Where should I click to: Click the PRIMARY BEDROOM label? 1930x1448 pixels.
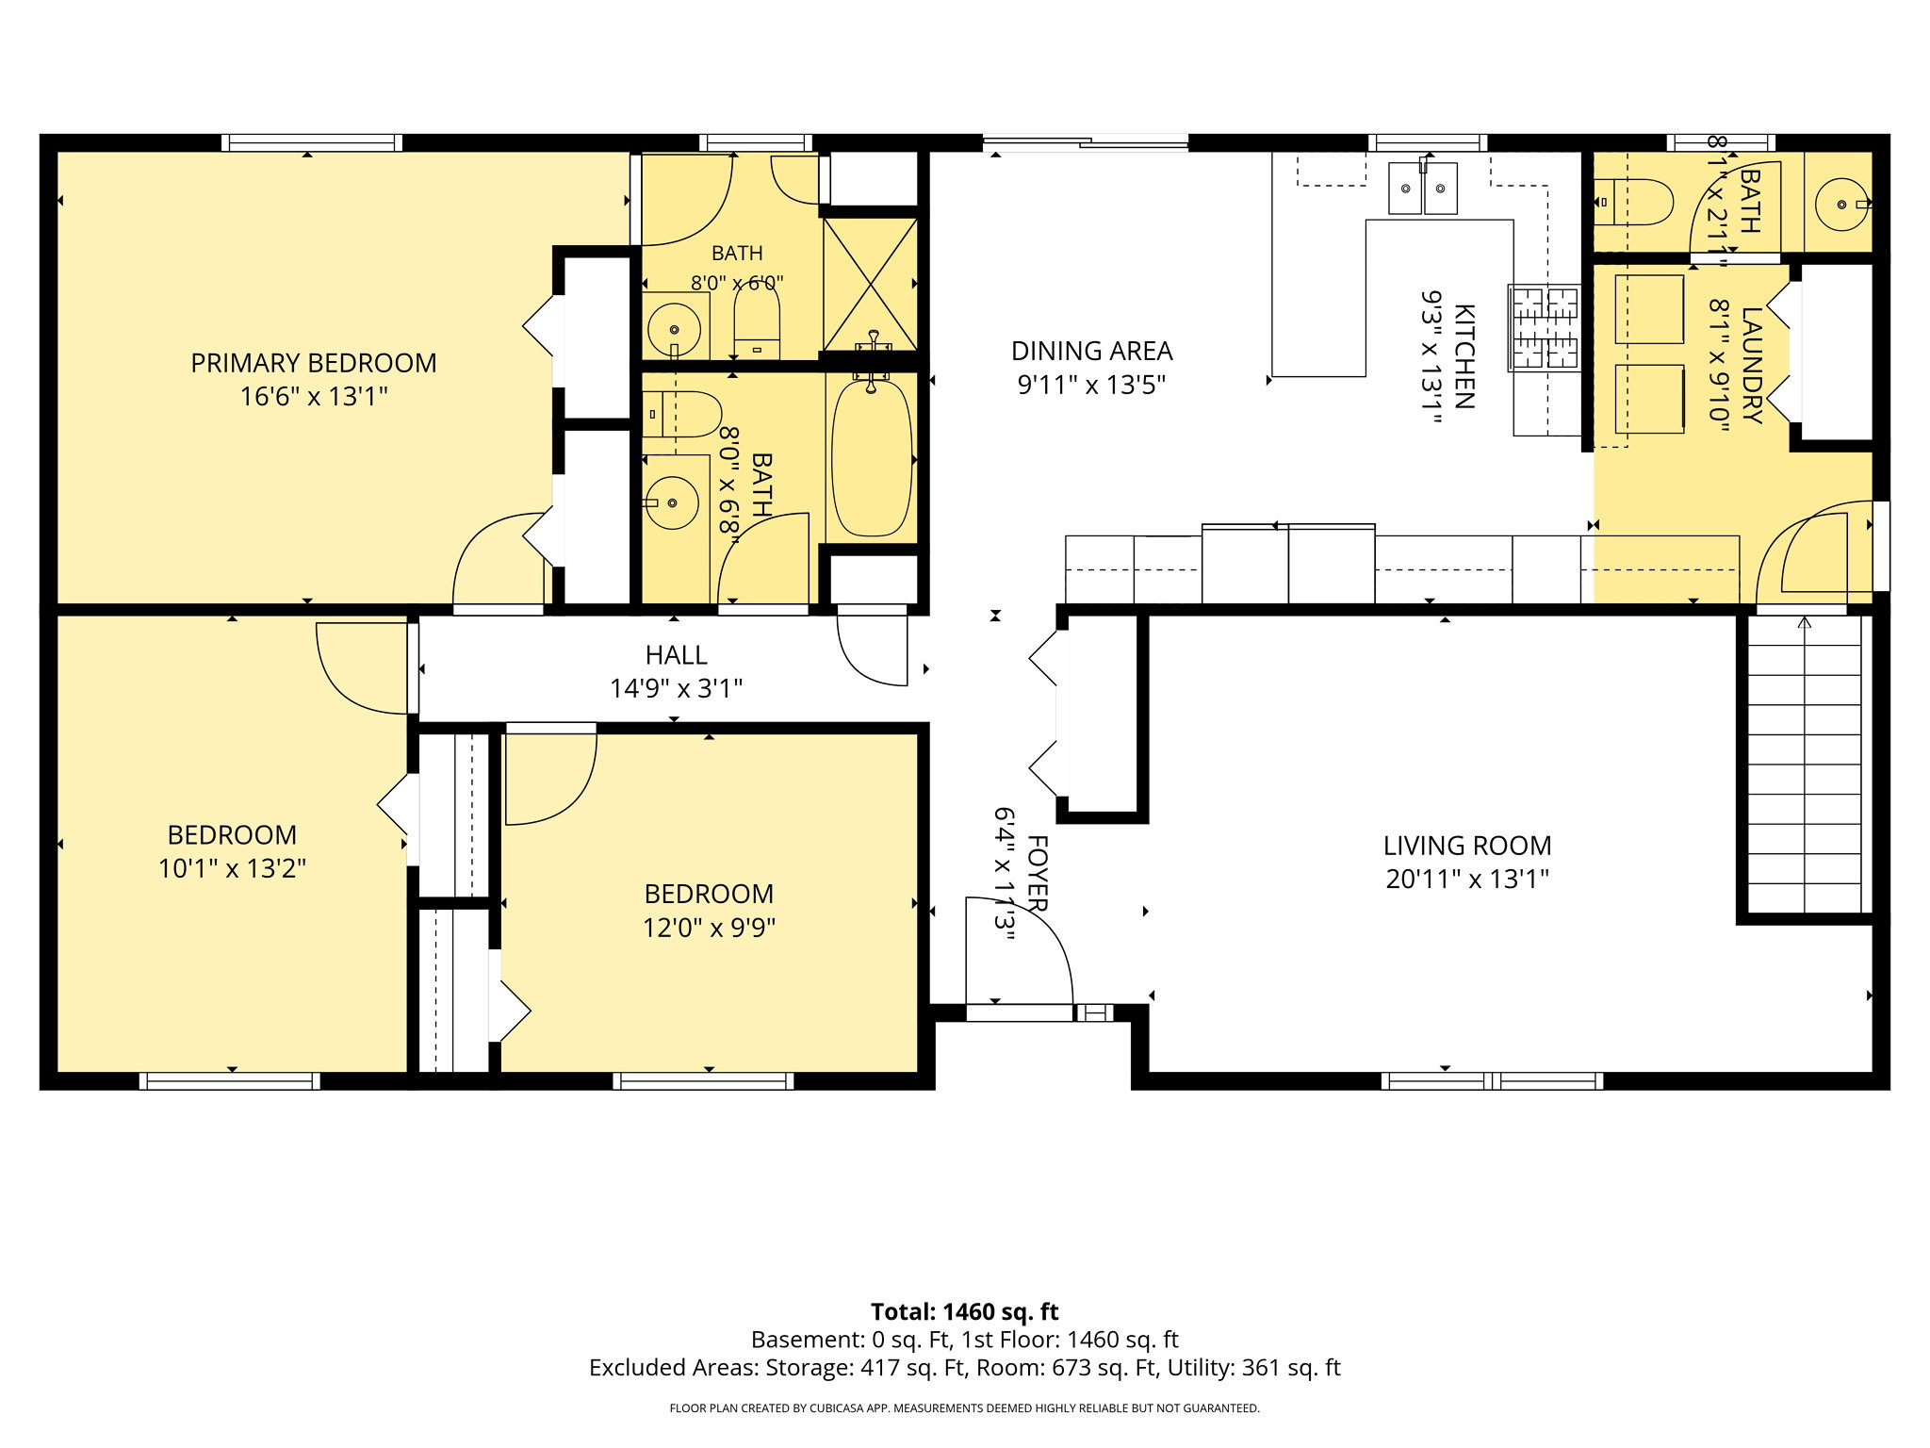(x=314, y=363)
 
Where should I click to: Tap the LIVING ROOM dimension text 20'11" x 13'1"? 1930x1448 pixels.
(x=1467, y=879)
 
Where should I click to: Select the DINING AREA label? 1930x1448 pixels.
(x=1091, y=351)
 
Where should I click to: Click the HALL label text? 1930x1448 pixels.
(x=676, y=655)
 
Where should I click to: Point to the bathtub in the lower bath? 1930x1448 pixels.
(x=872, y=457)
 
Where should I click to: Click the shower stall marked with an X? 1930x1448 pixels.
(x=870, y=284)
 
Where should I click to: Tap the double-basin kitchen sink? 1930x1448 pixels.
(x=1422, y=189)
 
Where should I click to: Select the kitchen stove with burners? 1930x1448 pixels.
(x=1544, y=328)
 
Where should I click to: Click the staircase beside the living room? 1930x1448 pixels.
(x=1804, y=765)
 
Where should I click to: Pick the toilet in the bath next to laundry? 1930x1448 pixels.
(x=1633, y=202)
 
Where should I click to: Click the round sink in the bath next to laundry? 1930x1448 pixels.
(x=1841, y=204)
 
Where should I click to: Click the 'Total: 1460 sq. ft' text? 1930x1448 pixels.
(x=964, y=1311)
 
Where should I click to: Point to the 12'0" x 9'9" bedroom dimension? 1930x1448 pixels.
(x=709, y=928)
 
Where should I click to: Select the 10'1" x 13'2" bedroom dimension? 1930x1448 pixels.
(x=232, y=868)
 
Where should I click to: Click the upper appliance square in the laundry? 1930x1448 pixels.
(x=1649, y=309)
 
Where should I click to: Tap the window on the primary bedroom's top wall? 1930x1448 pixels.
(x=312, y=143)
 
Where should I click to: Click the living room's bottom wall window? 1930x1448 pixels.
(x=1492, y=1080)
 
